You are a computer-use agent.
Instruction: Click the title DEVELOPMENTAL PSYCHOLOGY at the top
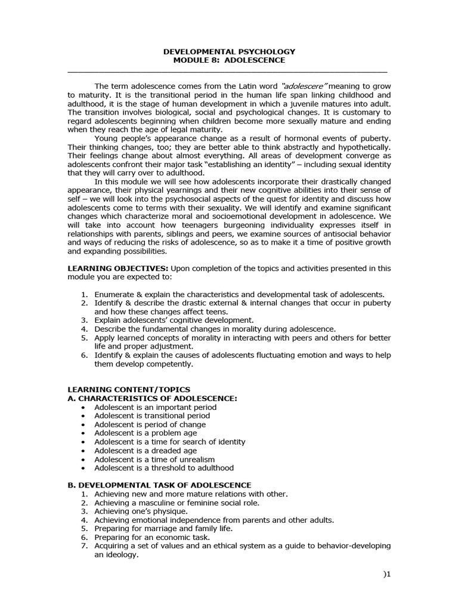tap(230, 51)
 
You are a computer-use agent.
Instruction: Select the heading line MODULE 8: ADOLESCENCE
tap(229, 60)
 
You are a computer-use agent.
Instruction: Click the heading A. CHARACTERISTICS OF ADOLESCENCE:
tap(152, 398)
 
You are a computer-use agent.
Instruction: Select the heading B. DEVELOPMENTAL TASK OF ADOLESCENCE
tap(159, 485)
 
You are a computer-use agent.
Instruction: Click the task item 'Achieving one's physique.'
tap(141, 511)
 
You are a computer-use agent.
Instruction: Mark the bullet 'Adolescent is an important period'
tap(155, 407)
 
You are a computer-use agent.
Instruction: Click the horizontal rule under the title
tap(229, 72)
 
